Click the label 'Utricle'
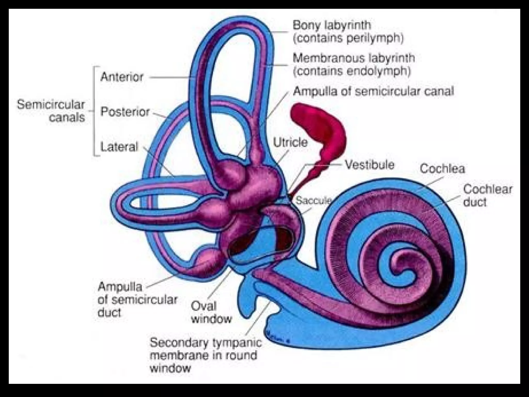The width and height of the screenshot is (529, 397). (290, 142)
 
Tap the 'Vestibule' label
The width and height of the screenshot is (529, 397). (370, 165)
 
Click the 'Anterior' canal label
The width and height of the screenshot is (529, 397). (122, 77)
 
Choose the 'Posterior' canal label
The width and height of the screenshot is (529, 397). (125, 112)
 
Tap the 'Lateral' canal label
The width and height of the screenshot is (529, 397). (119, 147)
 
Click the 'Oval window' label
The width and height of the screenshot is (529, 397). (211, 312)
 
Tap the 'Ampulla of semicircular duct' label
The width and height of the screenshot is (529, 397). (137, 300)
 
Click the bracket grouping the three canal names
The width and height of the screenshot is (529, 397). (95, 111)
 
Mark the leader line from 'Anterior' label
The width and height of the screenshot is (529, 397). (172, 77)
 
